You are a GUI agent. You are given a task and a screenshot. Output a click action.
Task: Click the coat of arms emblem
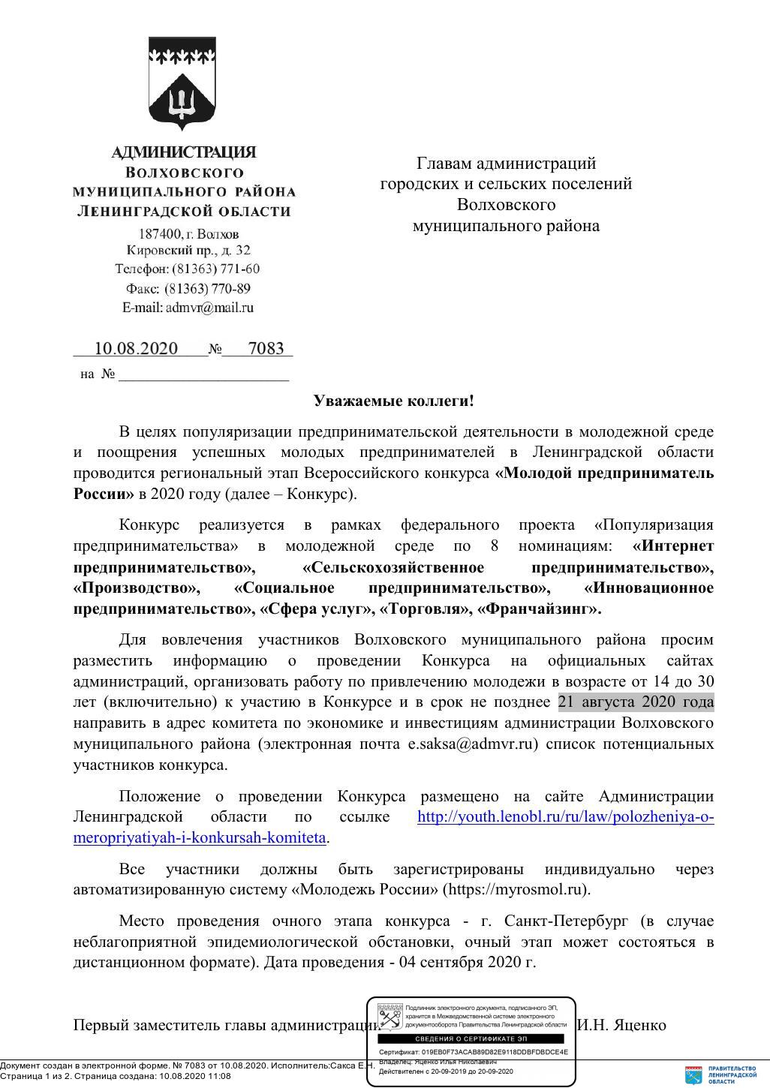coord(182,84)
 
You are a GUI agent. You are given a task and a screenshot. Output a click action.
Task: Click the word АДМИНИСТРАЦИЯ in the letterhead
coord(183,152)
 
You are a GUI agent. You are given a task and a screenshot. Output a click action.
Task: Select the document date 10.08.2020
coord(136,348)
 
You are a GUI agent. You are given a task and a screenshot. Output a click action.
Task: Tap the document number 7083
coord(266,348)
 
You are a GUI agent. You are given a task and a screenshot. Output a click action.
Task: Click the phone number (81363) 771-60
coord(216,269)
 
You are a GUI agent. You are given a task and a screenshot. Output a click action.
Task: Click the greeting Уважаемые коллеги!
coord(394,401)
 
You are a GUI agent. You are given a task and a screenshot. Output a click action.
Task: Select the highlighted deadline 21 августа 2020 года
coord(636,702)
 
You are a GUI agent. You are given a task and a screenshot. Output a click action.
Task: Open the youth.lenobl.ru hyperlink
coord(565,816)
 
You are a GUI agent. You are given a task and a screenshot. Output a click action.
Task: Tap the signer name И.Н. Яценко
coord(621,1024)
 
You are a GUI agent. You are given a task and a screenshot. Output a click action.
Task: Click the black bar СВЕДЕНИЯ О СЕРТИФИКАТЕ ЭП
coord(471,1038)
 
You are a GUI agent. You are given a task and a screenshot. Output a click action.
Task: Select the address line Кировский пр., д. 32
coord(188,250)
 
